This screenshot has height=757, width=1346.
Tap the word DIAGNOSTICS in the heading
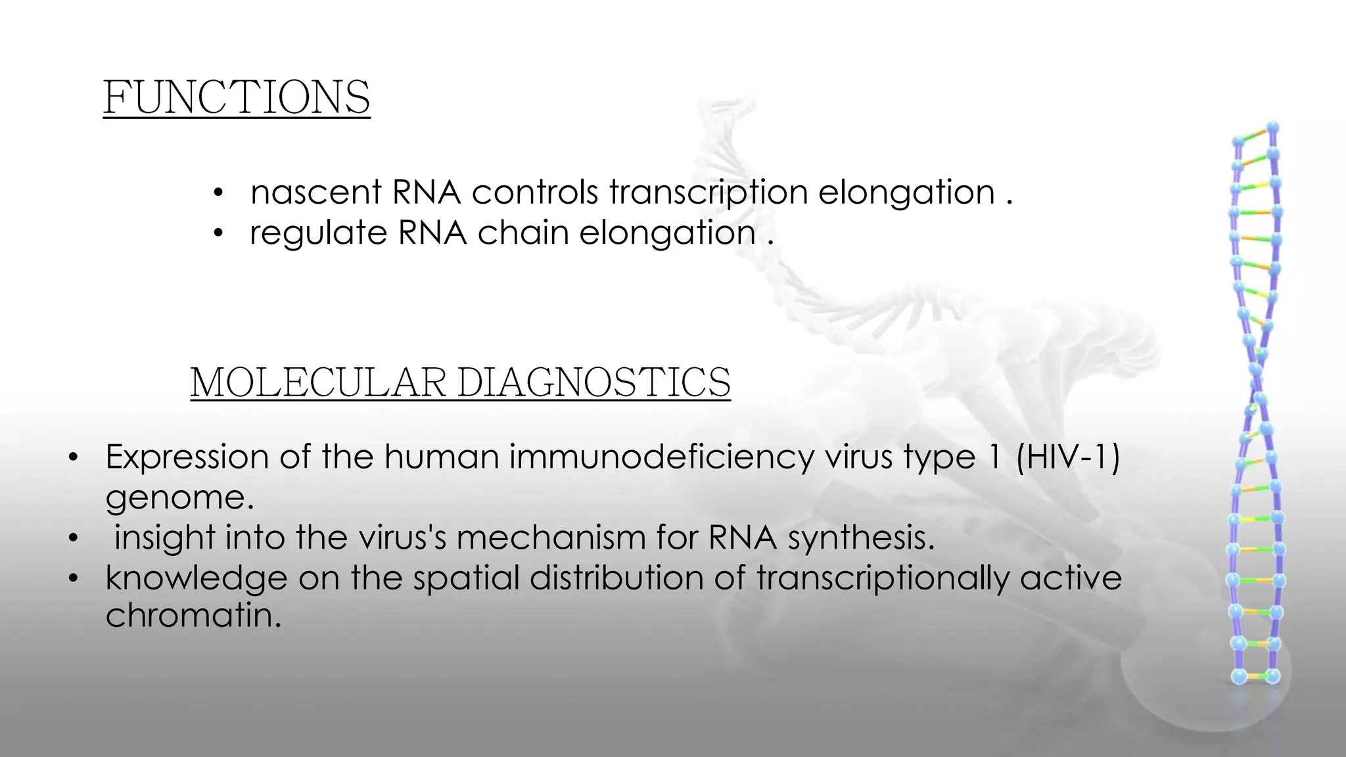coord(593,382)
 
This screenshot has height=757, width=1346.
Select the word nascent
coord(316,193)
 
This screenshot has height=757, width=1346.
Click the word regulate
coord(318,234)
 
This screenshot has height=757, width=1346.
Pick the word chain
coord(523,233)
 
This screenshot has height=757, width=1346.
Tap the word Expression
coord(187,457)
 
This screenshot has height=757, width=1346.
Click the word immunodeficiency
coord(661,457)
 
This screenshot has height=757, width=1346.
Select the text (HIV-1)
coord(1067,457)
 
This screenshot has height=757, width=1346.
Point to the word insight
coord(164,538)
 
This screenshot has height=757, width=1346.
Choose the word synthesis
coord(861,539)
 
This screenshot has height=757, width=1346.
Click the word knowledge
coord(196,578)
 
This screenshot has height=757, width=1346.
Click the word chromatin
coord(193,616)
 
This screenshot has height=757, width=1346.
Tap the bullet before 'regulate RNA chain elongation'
coord(219,233)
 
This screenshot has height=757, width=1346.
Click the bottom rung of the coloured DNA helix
coord(1255,676)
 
